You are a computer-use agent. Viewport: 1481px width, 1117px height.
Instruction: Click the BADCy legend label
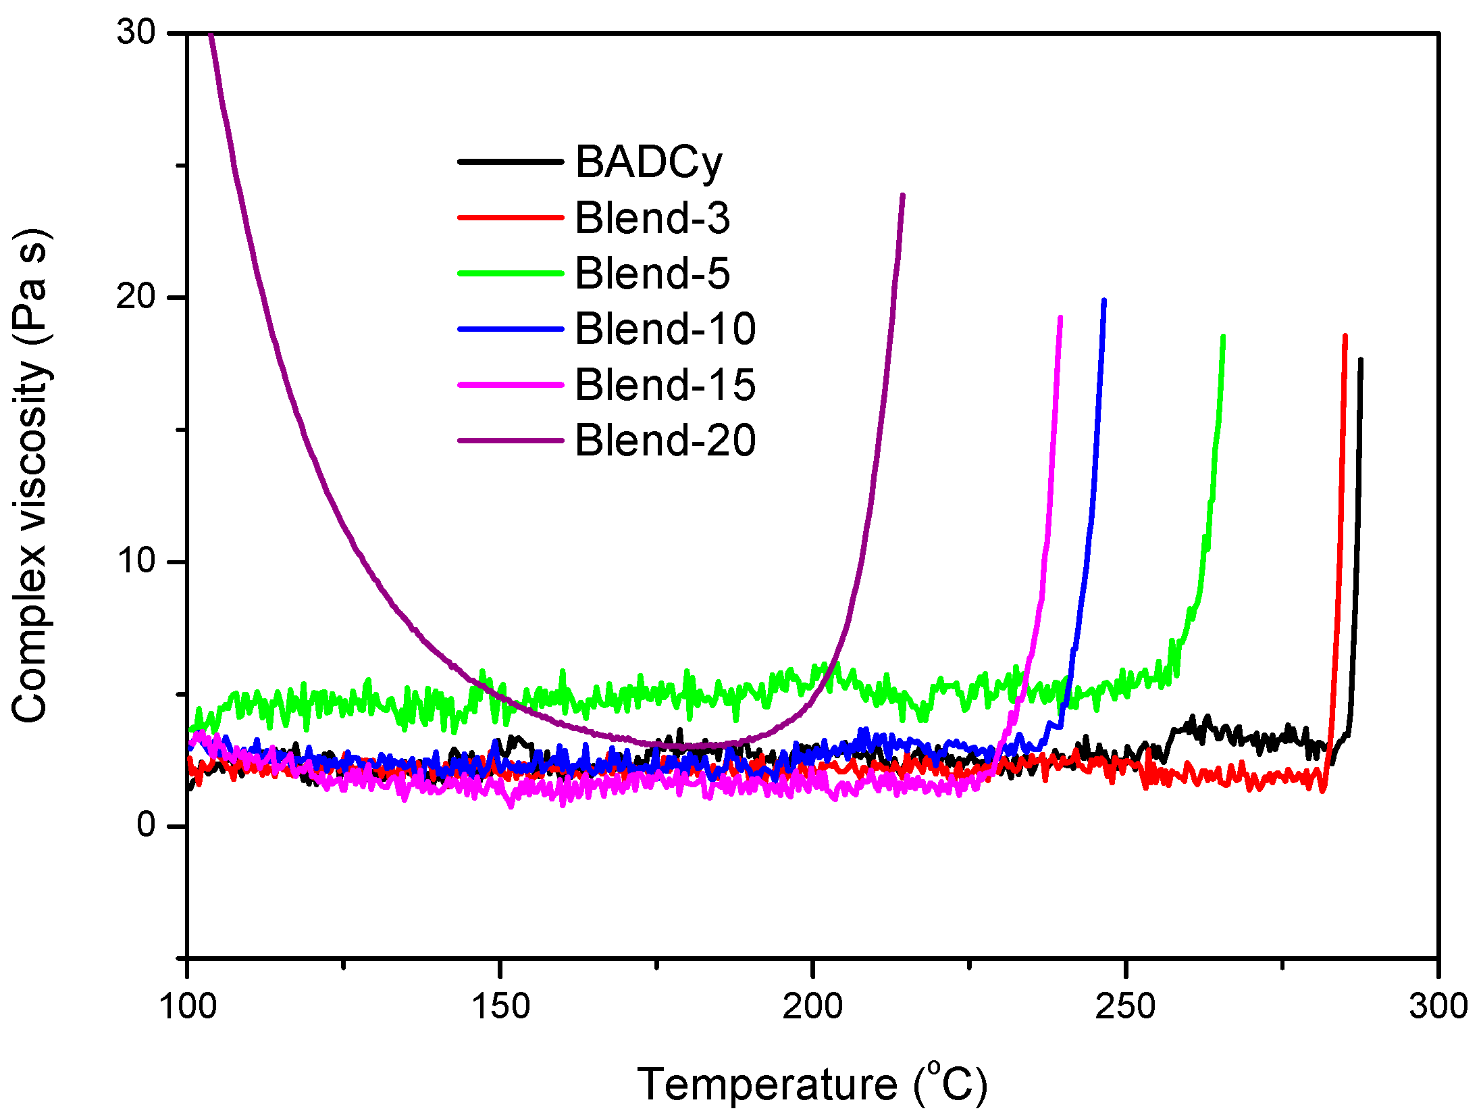648,163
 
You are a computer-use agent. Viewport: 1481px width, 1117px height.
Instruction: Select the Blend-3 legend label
652,218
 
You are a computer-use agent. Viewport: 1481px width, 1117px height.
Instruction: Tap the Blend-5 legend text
652,274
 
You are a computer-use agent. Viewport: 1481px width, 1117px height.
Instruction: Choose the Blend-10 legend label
665,329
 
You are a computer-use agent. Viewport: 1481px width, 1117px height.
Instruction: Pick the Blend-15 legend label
665,385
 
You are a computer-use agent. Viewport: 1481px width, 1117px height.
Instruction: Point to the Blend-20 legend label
665,441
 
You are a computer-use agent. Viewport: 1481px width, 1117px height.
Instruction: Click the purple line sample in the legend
511,441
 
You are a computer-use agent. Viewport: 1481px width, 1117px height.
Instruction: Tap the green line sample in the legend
511,274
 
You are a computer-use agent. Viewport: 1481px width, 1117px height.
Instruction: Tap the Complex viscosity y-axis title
30,476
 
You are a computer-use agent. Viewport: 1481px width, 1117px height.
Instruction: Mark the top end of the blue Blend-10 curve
1103,301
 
